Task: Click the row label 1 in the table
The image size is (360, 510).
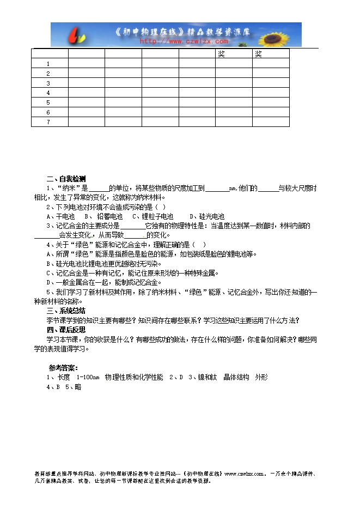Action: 48,64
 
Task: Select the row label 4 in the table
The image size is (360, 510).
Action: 48,93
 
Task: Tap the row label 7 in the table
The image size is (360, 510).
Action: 48,122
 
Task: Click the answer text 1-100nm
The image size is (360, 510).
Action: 88,377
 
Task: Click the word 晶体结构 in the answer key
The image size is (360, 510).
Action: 236,377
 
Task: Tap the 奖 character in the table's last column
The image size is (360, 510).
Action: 258,54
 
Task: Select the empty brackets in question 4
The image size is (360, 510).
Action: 200,245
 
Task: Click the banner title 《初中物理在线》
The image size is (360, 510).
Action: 147,32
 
